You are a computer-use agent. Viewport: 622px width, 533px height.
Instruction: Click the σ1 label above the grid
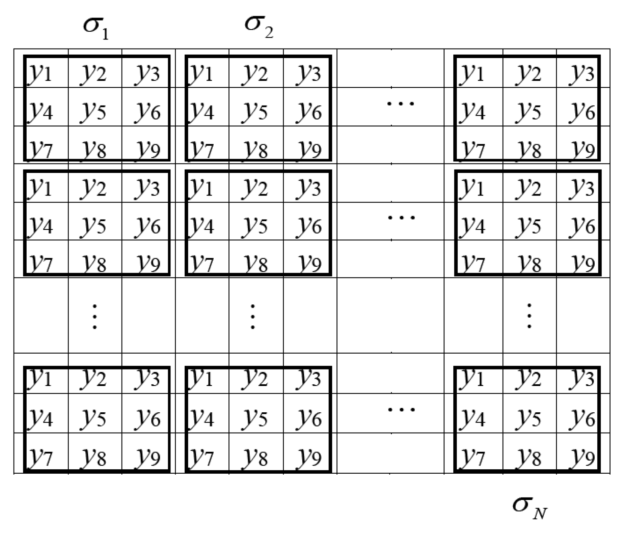point(96,29)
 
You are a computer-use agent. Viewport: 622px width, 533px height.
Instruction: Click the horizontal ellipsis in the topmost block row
point(400,103)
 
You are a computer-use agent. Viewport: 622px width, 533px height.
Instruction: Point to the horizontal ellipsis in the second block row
point(401,217)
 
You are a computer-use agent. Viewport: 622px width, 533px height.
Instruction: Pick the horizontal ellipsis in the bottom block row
point(401,410)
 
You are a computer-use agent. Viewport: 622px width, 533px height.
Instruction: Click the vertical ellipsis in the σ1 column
point(95,317)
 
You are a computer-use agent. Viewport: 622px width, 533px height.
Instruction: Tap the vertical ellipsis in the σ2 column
point(252,317)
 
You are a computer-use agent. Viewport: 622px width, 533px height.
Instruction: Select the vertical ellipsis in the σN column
point(529,316)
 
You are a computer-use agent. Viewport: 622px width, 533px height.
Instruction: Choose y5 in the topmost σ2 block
point(256,111)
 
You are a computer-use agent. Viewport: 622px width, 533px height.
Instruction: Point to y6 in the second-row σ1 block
point(148,226)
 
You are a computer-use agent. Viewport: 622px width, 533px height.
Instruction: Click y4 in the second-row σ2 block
point(202,226)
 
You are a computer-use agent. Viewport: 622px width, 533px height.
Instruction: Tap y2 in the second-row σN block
point(529,187)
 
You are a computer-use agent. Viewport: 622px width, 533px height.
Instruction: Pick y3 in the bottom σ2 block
point(309,378)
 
